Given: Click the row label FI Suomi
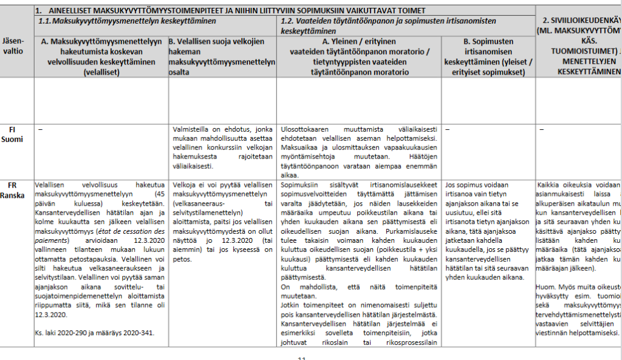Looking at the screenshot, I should pos(16,135).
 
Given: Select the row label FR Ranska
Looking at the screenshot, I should pos(16,189).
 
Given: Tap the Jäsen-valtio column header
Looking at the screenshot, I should pos(16,47).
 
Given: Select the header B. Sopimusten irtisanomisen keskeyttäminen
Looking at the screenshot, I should pos(488,56).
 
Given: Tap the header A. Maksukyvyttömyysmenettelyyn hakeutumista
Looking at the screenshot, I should pos(101,56).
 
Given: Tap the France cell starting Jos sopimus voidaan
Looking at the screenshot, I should pos(488,231).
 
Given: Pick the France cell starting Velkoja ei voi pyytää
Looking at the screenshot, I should pos(221,222).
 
